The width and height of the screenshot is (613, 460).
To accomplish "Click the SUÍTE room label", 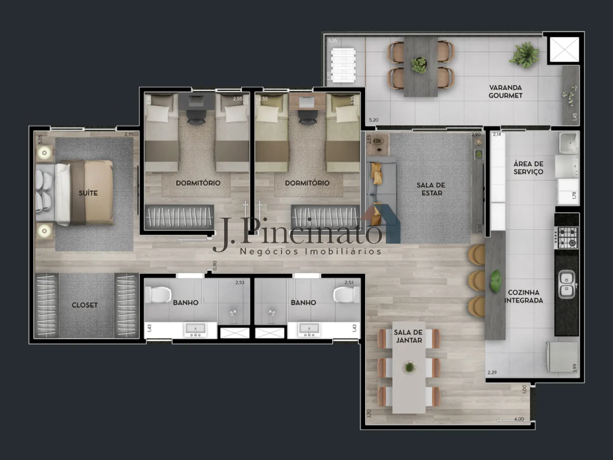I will [88, 193].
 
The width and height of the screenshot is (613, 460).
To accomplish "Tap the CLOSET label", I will [85, 305].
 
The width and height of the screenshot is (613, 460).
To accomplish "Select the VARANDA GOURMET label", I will [505, 92].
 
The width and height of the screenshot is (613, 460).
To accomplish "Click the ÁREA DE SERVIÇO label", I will [528, 168].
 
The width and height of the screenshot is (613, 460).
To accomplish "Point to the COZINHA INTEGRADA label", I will [524, 297].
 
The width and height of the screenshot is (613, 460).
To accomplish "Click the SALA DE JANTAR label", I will [408, 336].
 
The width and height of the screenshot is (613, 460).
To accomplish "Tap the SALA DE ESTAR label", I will [431, 189].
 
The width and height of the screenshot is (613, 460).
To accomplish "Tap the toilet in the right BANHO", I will [347, 295].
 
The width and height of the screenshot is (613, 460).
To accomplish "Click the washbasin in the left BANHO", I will [195, 330].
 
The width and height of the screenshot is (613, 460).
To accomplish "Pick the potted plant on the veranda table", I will [419, 65].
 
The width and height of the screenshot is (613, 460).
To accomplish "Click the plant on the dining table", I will [409, 367].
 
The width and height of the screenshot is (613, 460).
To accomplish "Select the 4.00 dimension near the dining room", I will [518, 419].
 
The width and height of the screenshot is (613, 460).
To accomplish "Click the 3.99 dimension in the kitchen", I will [574, 368].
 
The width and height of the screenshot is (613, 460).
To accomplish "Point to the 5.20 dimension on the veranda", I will [373, 120].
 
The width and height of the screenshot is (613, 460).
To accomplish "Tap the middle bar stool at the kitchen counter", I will [476, 279].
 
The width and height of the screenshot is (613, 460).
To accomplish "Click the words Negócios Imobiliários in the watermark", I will [310, 251].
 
